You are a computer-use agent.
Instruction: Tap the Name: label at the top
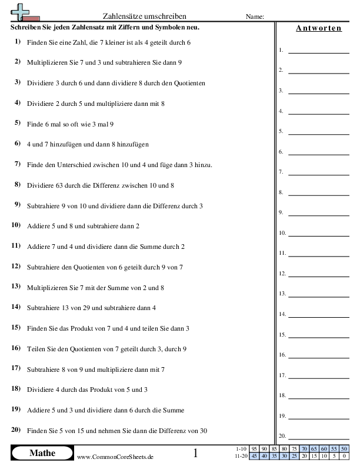coord(255,16)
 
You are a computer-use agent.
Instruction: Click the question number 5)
coord(16,123)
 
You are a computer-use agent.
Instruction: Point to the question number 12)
coord(16,266)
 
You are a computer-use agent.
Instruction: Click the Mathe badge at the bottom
coord(42,453)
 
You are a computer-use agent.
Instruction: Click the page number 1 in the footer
coord(195,454)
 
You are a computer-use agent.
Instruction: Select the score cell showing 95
coord(255,449)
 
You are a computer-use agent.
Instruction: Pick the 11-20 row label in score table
coord(241,455)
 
